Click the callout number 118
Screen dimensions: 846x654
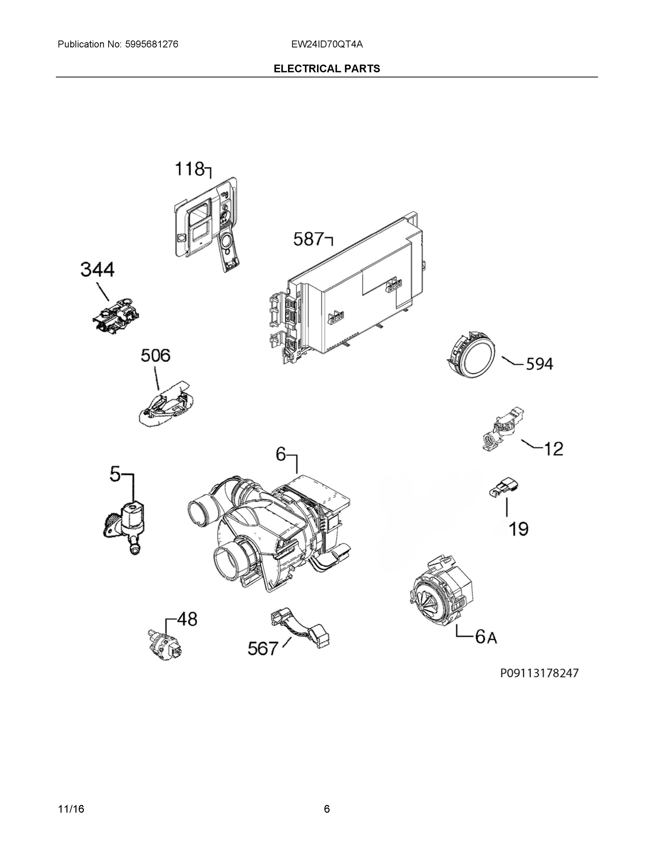tap(189, 169)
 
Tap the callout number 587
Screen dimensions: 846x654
tap(308, 239)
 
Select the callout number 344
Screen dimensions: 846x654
tap(97, 270)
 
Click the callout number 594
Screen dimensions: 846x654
tap(539, 364)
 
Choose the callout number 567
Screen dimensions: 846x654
tap(263, 649)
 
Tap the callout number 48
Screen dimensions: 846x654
tap(187, 619)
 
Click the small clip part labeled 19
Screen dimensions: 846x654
tap(505, 488)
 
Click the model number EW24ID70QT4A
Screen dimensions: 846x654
tap(327, 44)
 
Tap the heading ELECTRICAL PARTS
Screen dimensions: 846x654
tap(326, 69)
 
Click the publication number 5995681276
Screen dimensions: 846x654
tap(152, 44)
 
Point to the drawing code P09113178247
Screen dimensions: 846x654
tap(539, 673)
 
